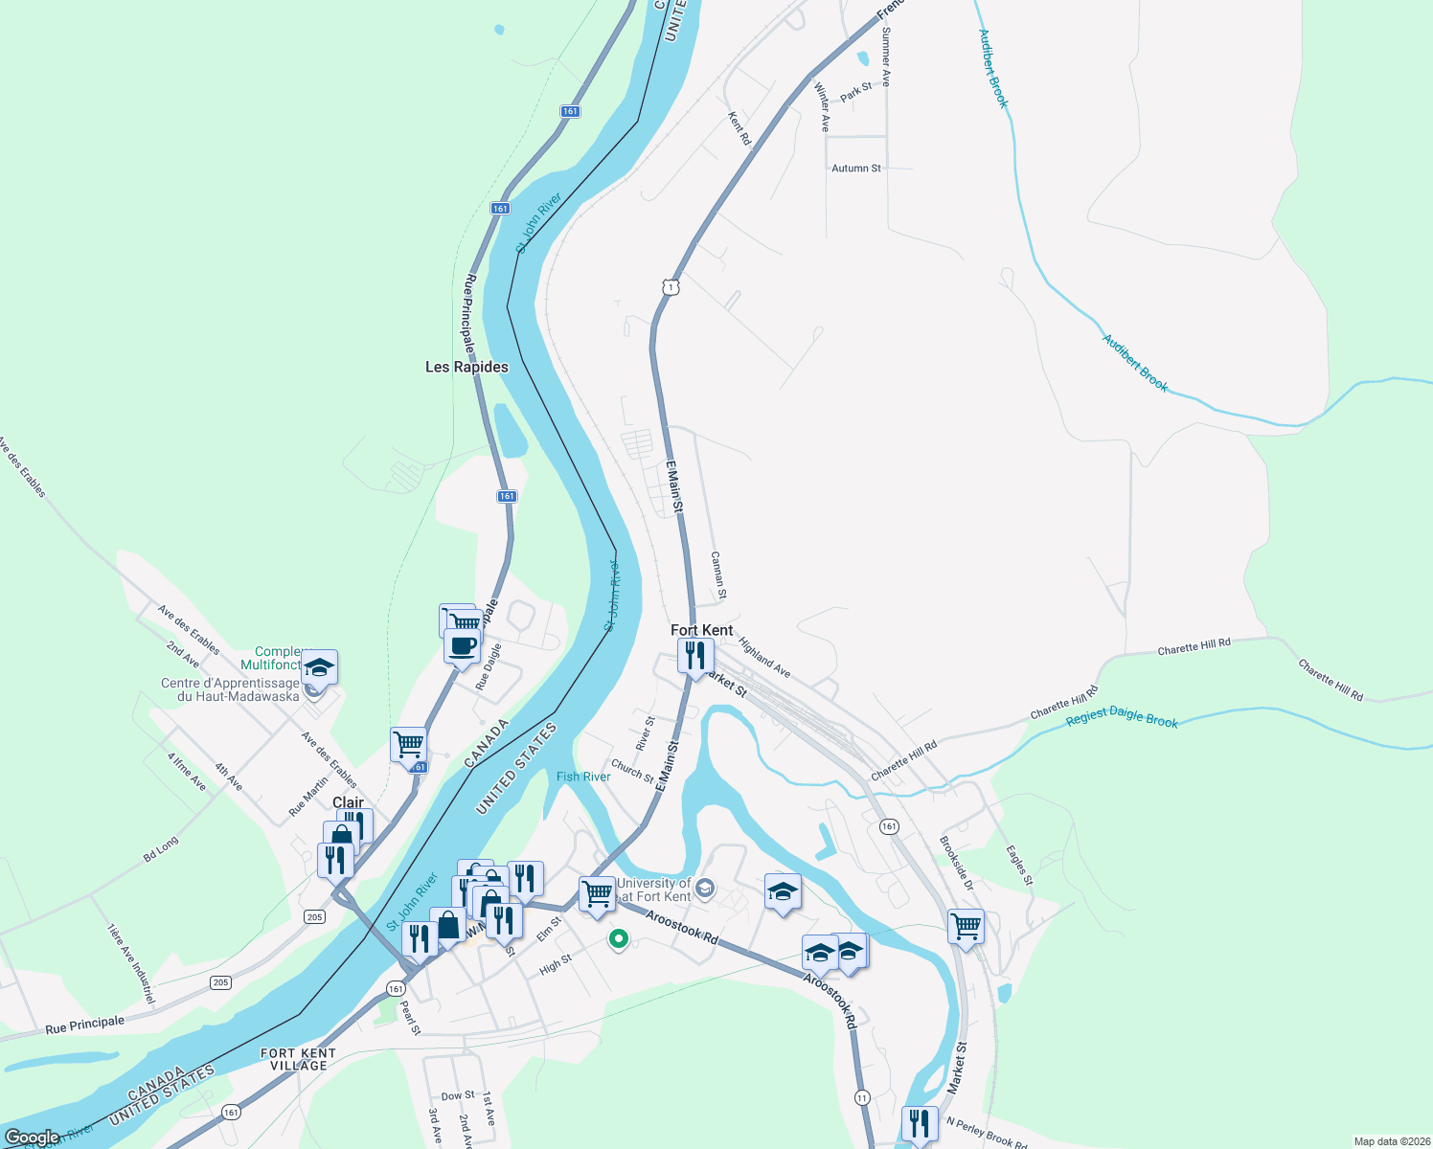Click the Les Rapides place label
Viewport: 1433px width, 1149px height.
pyautogui.click(x=466, y=367)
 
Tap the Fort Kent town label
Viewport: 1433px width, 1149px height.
pyautogui.click(x=701, y=630)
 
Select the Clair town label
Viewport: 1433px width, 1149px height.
pyautogui.click(x=348, y=802)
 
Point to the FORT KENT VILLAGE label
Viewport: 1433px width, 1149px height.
pyautogui.click(x=298, y=1059)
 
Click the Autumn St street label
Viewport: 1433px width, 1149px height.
pyautogui.click(x=855, y=169)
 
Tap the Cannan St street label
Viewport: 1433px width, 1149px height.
pyautogui.click(x=719, y=575)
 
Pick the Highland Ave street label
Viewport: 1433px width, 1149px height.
pyautogui.click(x=764, y=658)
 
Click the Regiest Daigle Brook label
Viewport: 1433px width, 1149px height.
pyautogui.click(x=1122, y=718)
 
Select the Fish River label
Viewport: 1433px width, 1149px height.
pyautogui.click(x=583, y=777)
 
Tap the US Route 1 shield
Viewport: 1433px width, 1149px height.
pyautogui.click(x=671, y=286)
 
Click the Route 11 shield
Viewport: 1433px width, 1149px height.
pyautogui.click(x=863, y=1097)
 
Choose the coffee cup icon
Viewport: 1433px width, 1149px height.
pyautogui.click(x=462, y=645)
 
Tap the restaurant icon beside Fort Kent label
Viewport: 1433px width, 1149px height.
pyautogui.click(x=695, y=656)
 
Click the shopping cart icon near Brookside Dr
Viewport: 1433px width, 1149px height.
pyautogui.click(x=966, y=926)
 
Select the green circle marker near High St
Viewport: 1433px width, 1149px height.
pyautogui.click(x=619, y=939)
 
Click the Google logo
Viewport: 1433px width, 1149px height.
pyautogui.click(x=32, y=1138)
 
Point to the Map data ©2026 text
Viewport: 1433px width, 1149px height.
pyautogui.click(x=1389, y=1141)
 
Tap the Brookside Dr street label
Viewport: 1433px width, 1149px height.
pyautogui.click(x=956, y=863)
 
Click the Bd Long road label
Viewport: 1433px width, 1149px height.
pyautogui.click(x=161, y=849)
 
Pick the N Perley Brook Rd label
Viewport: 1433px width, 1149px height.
pyautogui.click(x=987, y=1133)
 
